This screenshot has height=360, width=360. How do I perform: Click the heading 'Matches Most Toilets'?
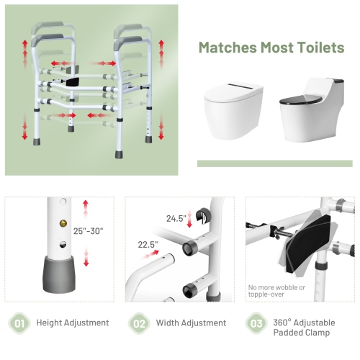click(271, 48)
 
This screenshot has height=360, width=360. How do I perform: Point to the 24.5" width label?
click(176, 217)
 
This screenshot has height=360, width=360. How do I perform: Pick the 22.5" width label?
click(148, 245)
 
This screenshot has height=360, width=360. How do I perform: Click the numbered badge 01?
click(19, 323)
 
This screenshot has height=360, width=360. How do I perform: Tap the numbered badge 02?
click(139, 323)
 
